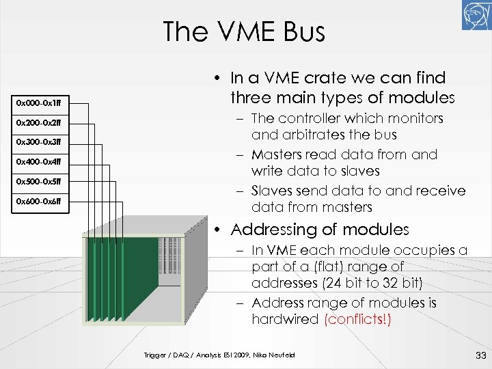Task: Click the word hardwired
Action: tap(285, 320)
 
